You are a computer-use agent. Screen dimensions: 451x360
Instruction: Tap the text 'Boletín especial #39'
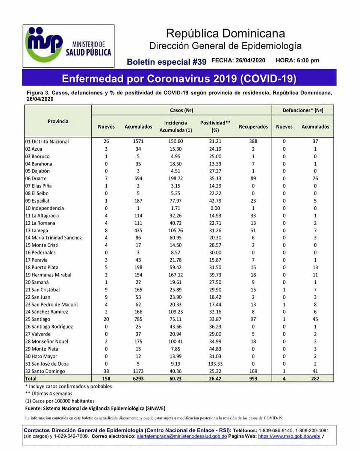click(x=166, y=62)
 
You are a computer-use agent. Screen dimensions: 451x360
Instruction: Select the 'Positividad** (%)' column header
click(x=215, y=127)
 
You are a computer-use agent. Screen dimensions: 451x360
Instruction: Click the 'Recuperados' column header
click(x=253, y=127)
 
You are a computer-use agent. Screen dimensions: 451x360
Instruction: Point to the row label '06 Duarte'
click(x=36, y=179)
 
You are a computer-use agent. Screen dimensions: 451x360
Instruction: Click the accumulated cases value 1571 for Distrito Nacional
click(x=138, y=141)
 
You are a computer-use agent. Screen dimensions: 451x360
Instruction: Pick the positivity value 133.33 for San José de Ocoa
click(x=215, y=363)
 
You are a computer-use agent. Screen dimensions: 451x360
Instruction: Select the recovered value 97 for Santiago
click(x=253, y=319)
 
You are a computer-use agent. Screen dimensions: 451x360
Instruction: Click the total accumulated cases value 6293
click(x=138, y=378)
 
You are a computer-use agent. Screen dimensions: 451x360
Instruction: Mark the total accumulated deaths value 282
click(x=315, y=378)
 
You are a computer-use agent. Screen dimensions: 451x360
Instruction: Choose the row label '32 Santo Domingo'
click(x=45, y=371)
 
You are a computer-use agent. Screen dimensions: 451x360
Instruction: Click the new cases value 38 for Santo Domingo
click(x=106, y=371)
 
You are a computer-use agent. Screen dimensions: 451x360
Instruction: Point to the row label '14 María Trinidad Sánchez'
click(x=53, y=238)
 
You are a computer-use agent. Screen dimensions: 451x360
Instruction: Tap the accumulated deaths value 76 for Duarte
click(x=315, y=179)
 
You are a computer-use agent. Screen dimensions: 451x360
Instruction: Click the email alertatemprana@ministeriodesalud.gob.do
click(x=182, y=436)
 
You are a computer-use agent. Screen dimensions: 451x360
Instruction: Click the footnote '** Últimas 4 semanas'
click(x=49, y=393)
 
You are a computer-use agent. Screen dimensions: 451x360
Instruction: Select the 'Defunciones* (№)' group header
click(x=303, y=110)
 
